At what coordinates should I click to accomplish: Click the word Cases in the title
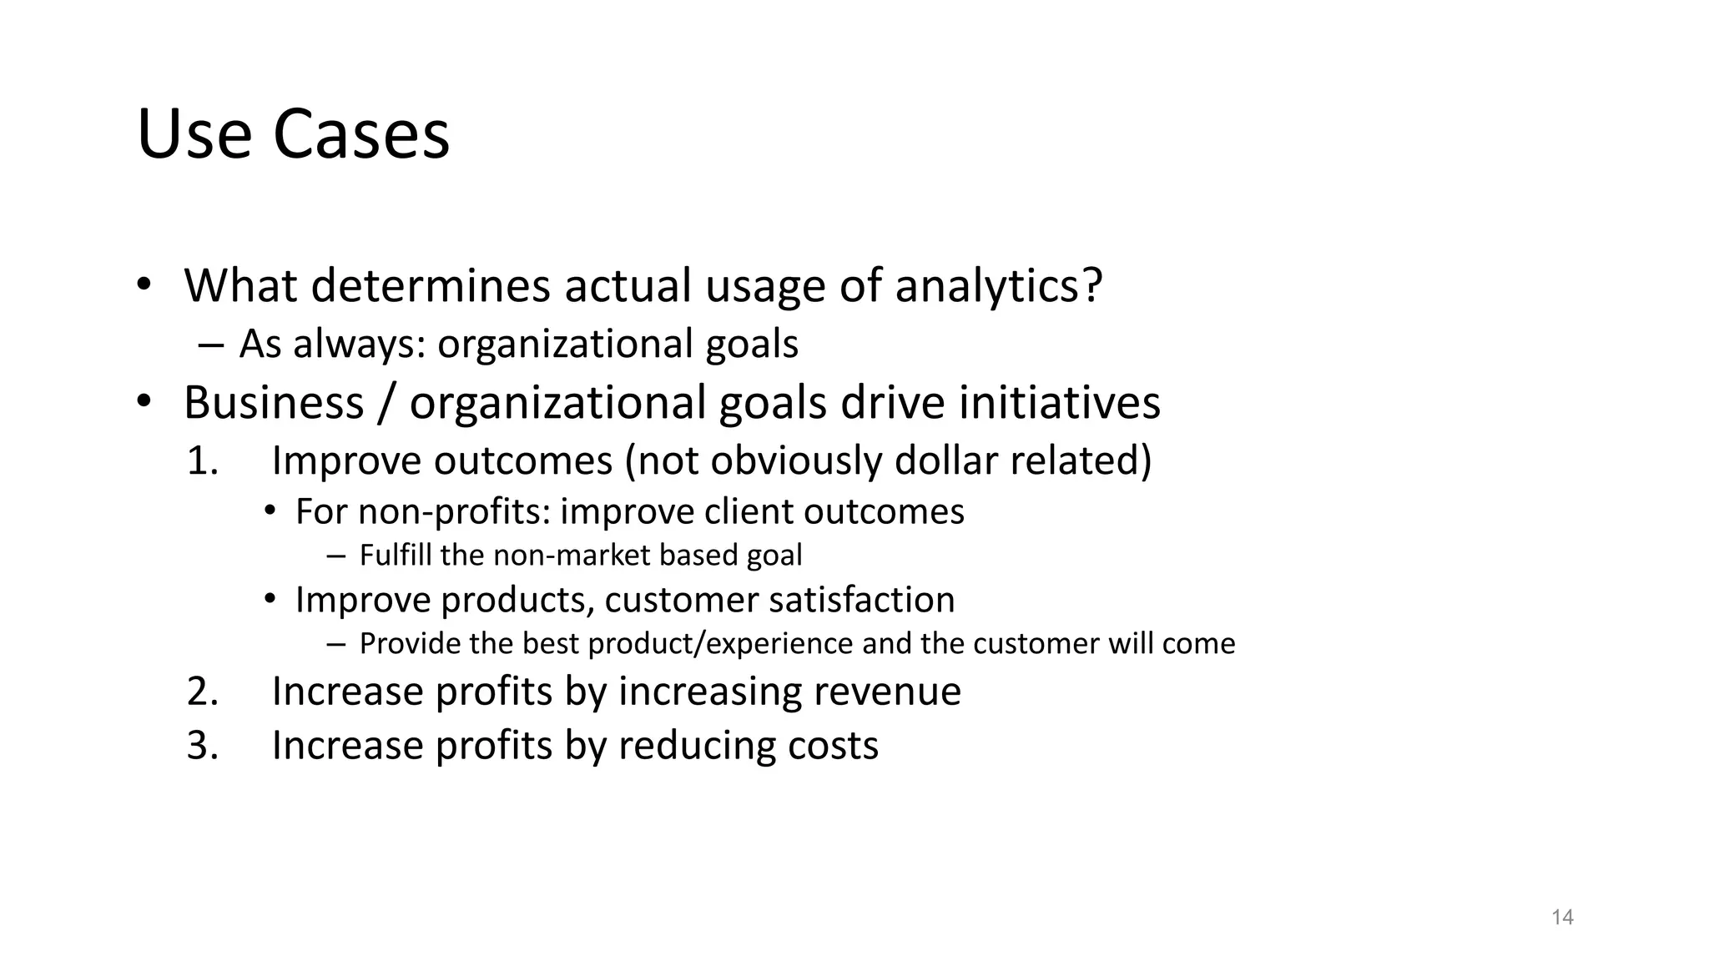tap(360, 135)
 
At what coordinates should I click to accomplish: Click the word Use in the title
tap(194, 135)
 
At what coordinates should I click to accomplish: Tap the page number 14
tap(1562, 918)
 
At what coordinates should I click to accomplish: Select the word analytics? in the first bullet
tap(999, 286)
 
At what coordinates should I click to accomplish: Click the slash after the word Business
tap(386, 403)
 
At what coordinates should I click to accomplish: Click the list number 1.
tap(202, 461)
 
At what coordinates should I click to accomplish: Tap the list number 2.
tap(202, 692)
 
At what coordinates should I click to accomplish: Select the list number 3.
tap(202, 745)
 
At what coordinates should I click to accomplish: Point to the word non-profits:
tap(455, 512)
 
